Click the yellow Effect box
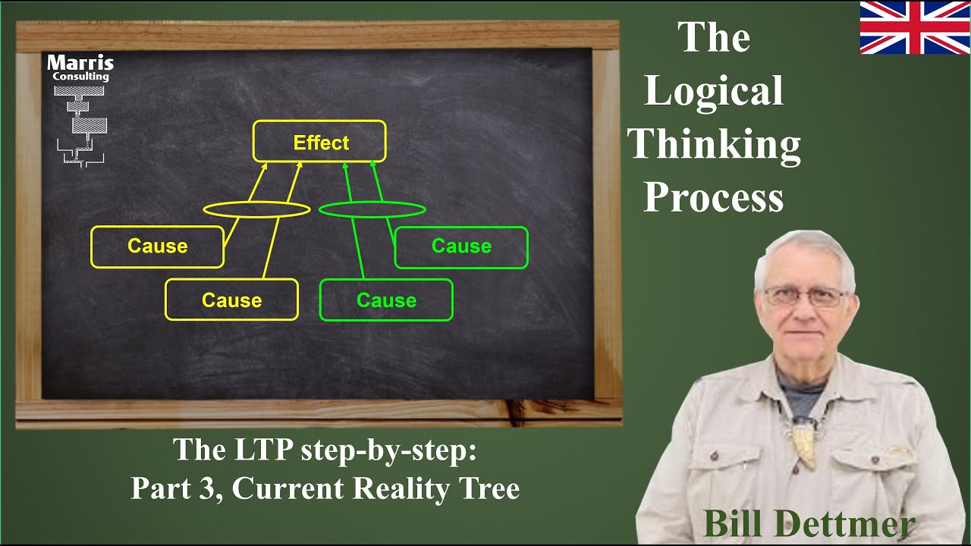[319, 142]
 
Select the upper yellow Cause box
[157, 246]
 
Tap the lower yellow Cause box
[231, 300]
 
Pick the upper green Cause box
[461, 246]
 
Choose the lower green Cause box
[386, 300]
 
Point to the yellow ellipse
[256, 209]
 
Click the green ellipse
[372, 209]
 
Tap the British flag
[914, 28]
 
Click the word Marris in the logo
[80, 62]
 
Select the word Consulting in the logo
[80, 77]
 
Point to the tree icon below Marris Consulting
[80, 125]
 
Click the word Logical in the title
[713, 91]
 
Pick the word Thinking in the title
[715, 144]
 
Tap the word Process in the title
[713, 197]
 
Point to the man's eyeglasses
[804, 296]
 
